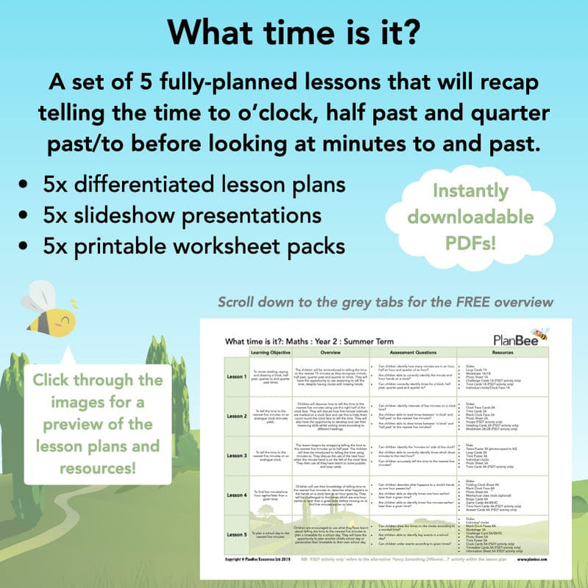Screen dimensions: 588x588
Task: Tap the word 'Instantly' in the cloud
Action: click(x=471, y=190)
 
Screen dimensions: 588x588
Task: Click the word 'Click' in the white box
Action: click(x=61, y=380)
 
